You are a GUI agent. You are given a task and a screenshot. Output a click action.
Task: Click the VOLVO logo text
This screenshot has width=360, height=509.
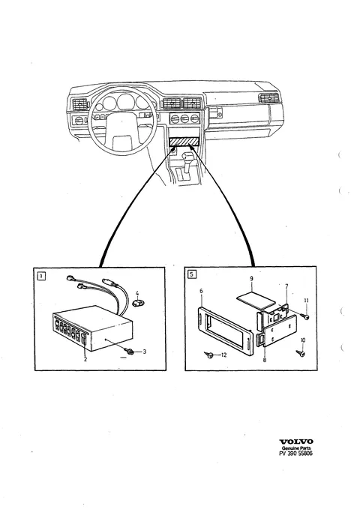296,442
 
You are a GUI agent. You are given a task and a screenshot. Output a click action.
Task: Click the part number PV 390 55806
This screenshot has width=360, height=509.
295,454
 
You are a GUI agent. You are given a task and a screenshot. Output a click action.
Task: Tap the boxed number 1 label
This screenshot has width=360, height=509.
41,277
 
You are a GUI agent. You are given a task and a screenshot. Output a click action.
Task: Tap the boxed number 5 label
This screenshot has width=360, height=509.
192,274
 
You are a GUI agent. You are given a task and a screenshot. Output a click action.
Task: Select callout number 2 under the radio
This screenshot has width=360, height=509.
85,359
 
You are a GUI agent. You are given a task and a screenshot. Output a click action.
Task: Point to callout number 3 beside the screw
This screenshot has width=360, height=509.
145,352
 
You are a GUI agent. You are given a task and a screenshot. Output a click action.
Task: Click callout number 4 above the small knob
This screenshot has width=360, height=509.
137,293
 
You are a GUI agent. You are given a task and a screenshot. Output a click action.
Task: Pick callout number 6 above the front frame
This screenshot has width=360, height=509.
201,291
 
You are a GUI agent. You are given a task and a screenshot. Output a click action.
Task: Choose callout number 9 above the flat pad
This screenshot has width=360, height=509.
251,279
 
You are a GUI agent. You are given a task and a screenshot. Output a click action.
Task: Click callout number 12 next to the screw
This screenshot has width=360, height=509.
223,355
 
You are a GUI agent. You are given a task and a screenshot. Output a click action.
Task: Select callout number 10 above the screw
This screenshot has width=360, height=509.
303,340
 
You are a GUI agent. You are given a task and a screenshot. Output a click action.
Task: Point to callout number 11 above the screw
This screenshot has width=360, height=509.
306,301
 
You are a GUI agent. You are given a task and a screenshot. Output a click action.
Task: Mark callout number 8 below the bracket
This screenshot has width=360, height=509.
265,360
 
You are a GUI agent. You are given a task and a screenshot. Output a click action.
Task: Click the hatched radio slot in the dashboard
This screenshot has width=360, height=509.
184,141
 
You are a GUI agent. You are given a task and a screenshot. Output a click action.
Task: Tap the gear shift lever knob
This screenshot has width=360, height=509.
188,157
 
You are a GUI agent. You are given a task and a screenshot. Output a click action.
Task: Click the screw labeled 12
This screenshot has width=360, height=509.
208,355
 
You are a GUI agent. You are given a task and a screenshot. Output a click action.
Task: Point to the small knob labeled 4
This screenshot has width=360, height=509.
138,303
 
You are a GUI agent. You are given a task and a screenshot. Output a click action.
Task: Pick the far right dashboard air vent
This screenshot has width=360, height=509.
269,97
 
